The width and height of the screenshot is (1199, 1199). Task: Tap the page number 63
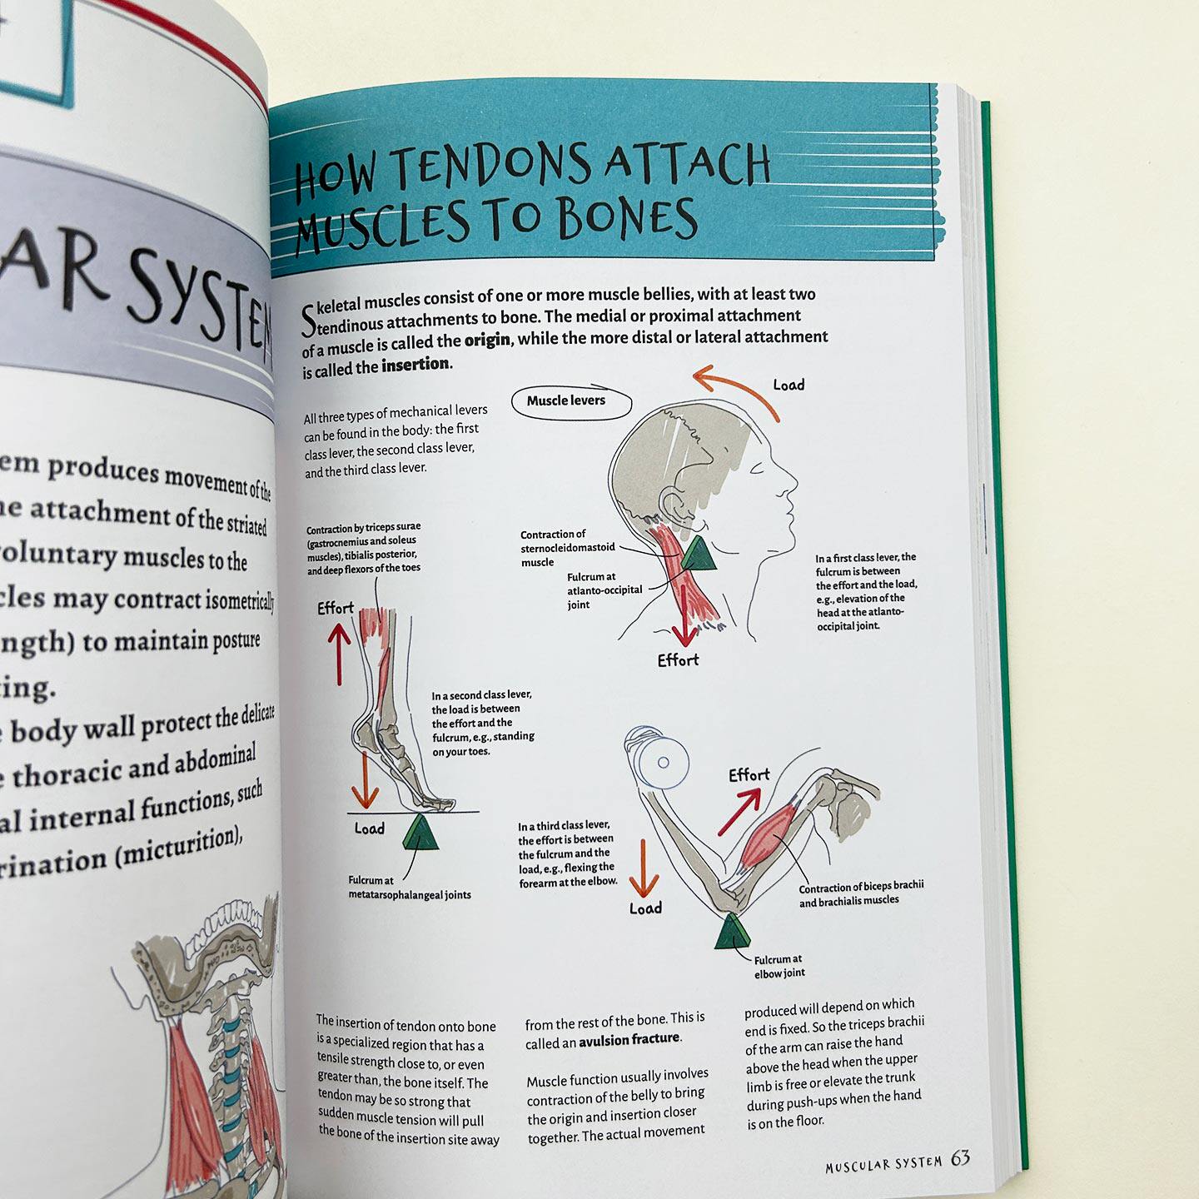point(960,1159)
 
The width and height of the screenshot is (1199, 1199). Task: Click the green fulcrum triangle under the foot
point(421,833)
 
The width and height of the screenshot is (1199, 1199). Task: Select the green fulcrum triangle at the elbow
point(733,933)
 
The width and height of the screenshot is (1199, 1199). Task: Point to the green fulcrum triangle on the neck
point(697,555)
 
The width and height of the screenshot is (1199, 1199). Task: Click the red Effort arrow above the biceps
point(739,811)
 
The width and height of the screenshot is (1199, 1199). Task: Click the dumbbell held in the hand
point(658,759)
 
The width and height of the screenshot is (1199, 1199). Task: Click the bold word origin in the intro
point(487,341)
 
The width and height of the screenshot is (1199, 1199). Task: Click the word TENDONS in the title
point(491,165)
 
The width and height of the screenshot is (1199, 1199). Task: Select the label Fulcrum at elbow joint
point(779,967)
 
